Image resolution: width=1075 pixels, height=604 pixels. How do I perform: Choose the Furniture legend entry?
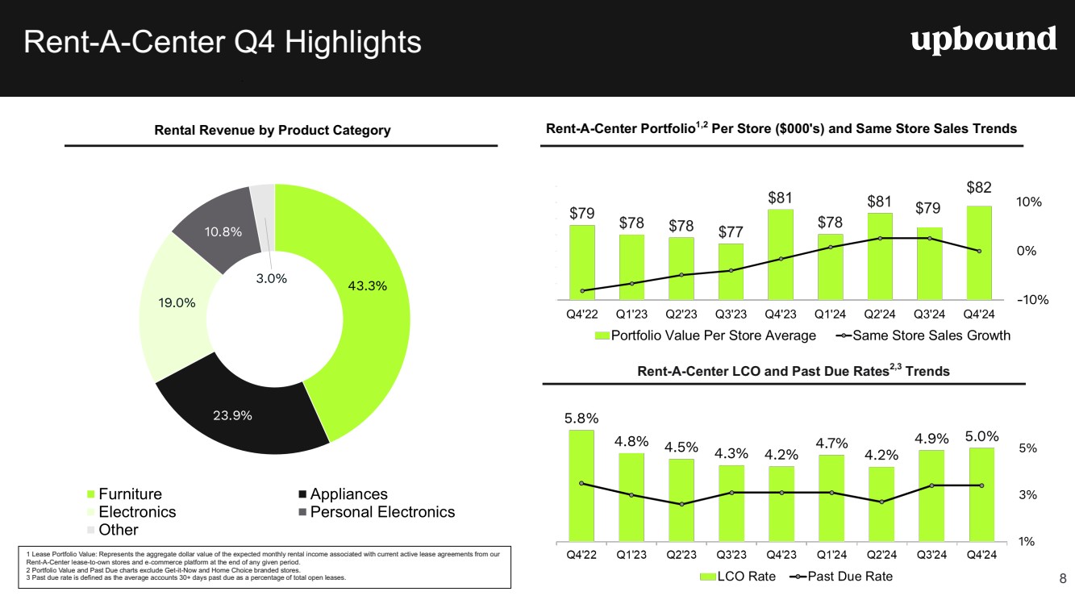(x=129, y=494)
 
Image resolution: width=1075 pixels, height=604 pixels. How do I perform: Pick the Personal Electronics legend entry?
(x=384, y=512)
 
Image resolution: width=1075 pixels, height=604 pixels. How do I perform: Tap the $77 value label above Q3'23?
(x=731, y=232)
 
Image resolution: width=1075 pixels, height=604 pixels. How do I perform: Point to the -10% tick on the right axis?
(x=1032, y=300)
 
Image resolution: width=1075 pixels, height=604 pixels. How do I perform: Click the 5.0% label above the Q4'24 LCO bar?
(x=981, y=436)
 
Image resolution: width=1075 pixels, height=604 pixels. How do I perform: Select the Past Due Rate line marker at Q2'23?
(x=681, y=504)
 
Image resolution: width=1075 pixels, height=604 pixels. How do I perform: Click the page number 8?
(x=1062, y=577)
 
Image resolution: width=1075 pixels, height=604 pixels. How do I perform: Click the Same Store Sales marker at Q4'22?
(x=581, y=290)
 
